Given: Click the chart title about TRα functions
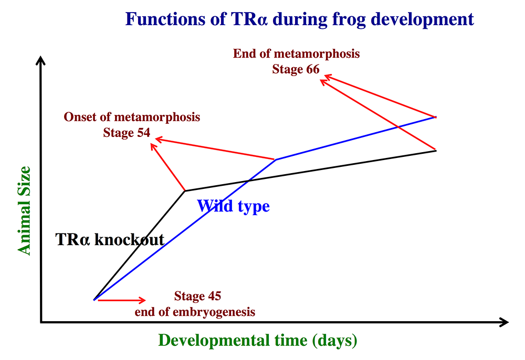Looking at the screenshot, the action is pos(299,19).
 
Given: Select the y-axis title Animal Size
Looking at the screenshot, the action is pos(24,211).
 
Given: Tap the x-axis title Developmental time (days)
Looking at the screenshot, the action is pos(258,341).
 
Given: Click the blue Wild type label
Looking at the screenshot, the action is pos(234,206).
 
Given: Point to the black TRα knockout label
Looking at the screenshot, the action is pos(110,239).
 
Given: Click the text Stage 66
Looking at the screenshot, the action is pos(296,69).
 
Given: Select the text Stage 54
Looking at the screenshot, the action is pos(127,133).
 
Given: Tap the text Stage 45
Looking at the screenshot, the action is pos(197,296).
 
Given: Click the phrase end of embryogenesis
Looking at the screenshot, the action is pos(195,312).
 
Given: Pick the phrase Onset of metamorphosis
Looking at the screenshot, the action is pos(132,117).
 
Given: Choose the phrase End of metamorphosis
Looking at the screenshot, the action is pos(296,54).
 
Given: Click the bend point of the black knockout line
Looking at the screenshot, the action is pos(185,191).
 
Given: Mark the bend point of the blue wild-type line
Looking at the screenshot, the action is pos(276,160).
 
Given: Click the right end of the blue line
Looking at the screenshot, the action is pos(436,117).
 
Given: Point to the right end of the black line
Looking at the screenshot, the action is pos(436,151).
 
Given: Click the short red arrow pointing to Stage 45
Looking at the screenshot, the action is pos(122,300).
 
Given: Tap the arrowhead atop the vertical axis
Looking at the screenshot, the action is pos(40,60).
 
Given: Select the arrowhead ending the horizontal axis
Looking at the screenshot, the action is pos(504,322).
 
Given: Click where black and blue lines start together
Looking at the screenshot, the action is pos(94,300).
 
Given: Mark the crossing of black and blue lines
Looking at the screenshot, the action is pos(248,181).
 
